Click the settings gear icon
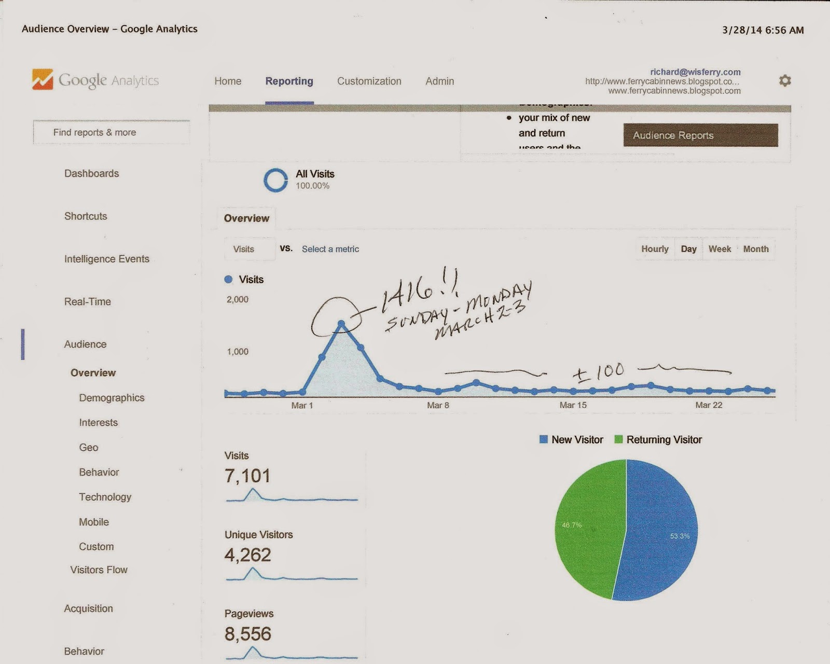click(x=785, y=80)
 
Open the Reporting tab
click(x=289, y=81)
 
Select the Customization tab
click(x=369, y=81)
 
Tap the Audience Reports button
click(x=700, y=135)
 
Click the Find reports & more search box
click(x=112, y=132)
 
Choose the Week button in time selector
click(x=720, y=249)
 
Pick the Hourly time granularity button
click(x=655, y=249)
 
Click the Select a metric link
click(x=330, y=249)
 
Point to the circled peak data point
click(x=341, y=323)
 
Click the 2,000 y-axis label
click(x=238, y=299)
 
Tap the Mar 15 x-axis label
click(x=573, y=405)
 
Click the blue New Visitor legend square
click(x=544, y=439)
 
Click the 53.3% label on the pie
click(x=680, y=536)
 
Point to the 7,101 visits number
click(x=247, y=476)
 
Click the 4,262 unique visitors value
click(x=247, y=555)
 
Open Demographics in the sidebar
click(x=112, y=398)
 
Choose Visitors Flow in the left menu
click(x=99, y=570)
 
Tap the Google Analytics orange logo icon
click(x=43, y=79)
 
